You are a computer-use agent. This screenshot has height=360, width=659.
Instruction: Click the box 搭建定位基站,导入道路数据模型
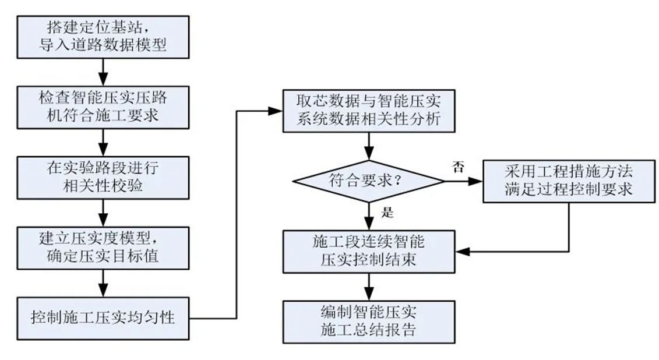coord(103,36)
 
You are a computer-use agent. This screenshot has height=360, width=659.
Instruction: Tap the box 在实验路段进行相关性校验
coord(103,177)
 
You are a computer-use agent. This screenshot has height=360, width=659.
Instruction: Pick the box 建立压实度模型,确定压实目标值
coord(103,247)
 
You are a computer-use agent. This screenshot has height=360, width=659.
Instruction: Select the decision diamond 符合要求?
coord(368,181)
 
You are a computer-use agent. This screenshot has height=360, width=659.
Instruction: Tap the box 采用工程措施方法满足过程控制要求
coord(568,181)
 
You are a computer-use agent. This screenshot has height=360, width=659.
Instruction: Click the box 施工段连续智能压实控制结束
coord(368,251)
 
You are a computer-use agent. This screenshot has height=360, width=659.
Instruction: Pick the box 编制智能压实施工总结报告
coord(368,321)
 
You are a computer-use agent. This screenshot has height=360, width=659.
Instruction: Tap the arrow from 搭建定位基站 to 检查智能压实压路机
coord(103,70)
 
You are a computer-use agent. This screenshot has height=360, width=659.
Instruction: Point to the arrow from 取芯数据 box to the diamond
coord(368,145)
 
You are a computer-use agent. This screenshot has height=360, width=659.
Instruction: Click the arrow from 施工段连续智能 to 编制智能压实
coord(368,286)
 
